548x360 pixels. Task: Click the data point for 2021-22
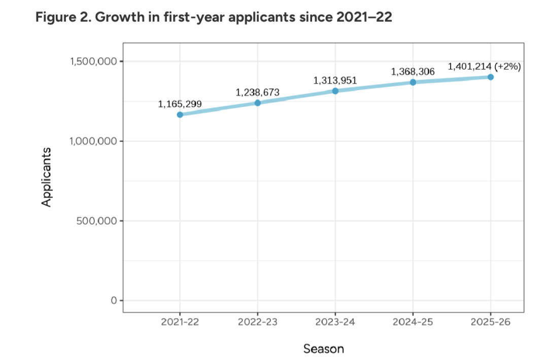[x=180, y=115]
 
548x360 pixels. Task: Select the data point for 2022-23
[x=257, y=103]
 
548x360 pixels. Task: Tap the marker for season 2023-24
[x=335, y=91]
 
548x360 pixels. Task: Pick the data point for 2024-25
[x=413, y=82]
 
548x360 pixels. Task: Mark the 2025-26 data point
[x=491, y=77]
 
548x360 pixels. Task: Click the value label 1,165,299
[x=180, y=104]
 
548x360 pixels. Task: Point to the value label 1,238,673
[x=257, y=92]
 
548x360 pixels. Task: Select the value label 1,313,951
[x=335, y=80]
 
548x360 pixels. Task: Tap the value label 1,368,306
[x=413, y=71]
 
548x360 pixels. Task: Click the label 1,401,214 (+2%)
[x=485, y=66]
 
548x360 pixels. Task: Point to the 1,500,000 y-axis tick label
[x=93, y=61]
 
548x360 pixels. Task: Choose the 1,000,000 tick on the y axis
[x=93, y=141]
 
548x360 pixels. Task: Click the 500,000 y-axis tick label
[x=96, y=221]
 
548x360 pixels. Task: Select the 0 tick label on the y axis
[x=114, y=300]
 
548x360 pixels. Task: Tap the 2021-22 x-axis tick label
[x=180, y=322]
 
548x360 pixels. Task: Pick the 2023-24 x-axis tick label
[x=335, y=322]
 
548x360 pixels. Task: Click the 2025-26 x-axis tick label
[x=491, y=322]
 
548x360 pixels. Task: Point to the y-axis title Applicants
[x=47, y=177]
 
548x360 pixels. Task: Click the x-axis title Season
[x=324, y=349]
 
